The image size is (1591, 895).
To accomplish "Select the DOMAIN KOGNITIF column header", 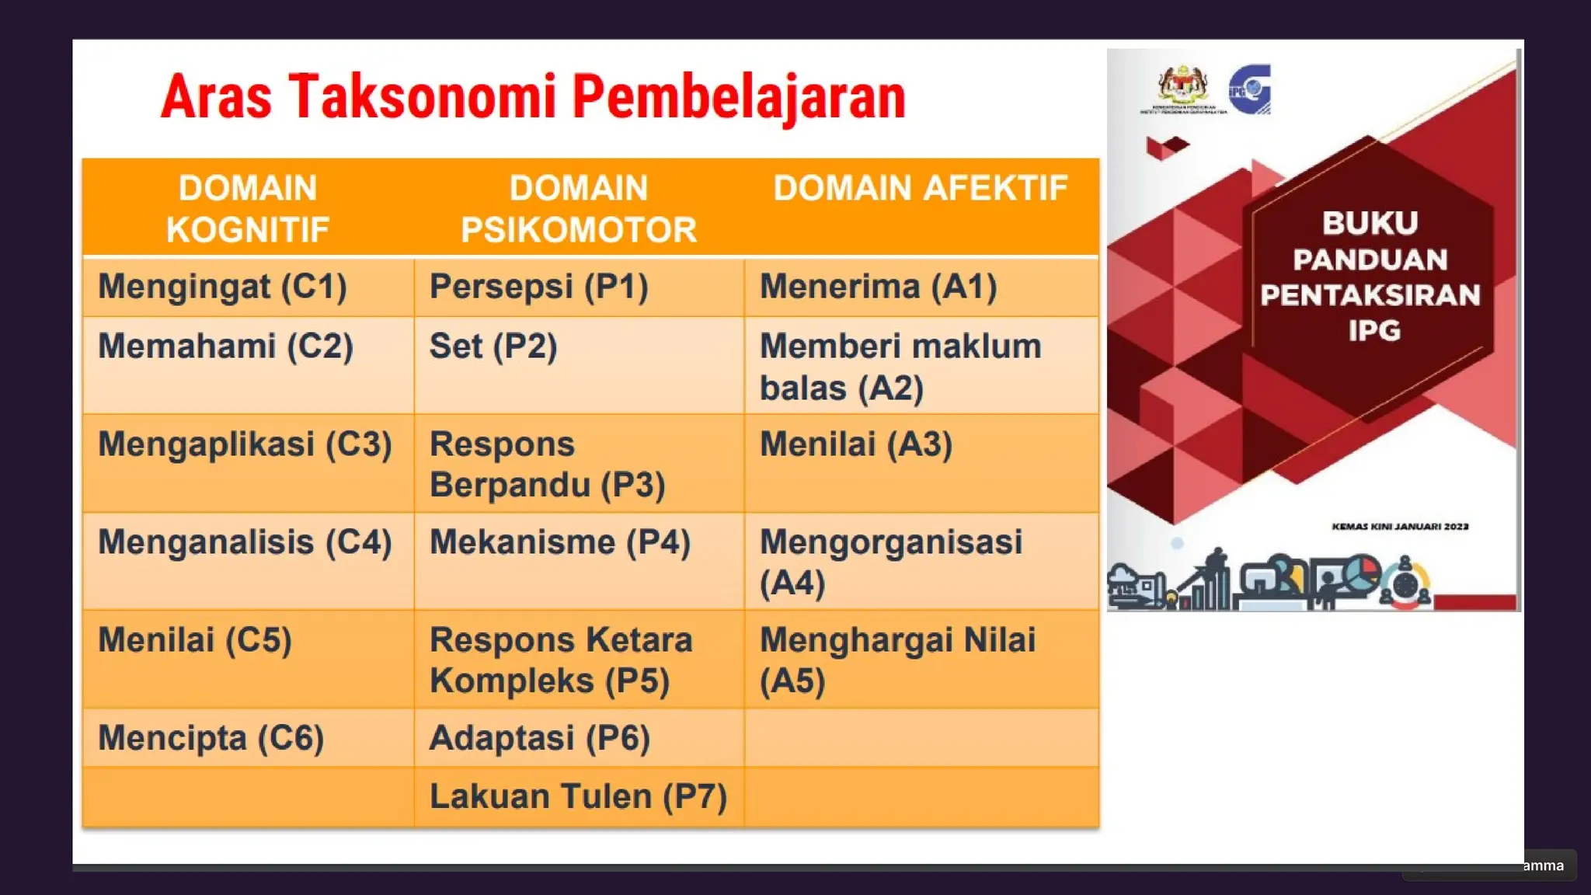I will pyautogui.click(x=248, y=208).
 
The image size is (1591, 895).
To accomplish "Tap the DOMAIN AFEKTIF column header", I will pyautogui.click(x=921, y=189).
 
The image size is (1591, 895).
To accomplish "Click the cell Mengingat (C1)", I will pyautogui.click(x=222, y=287).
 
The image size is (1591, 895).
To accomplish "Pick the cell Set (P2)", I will pyautogui.click(x=493, y=347).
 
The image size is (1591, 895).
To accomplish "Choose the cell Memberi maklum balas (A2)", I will pyautogui.click(x=900, y=367).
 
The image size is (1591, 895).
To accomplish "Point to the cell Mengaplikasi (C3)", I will pyautogui.click(x=245, y=444).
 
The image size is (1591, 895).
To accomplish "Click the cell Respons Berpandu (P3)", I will pyautogui.click(x=547, y=465).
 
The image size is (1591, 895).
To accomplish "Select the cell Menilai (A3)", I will pyautogui.click(x=855, y=444).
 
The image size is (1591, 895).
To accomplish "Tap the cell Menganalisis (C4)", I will pyautogui.click(x=245, y=542).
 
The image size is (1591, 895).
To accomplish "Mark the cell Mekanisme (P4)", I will pyautogui.click(x=559, y=542).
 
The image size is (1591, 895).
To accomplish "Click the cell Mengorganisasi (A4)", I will pyautogui.click(x=890, y=562).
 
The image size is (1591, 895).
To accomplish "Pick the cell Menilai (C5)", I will pyautogui.click(x=195, y=640).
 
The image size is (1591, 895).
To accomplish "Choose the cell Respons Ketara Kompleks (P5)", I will pyautogui.click(x=560, y=660).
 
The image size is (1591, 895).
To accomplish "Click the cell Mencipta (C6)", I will pyautogui.click(x=211, y=738).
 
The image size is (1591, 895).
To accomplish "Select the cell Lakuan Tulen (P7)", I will pyautogui.click(x=578, y=796).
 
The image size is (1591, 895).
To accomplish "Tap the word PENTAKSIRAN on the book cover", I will pyautogui.click(x=1370, y=295).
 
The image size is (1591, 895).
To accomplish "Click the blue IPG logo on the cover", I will pyautogui.click(x=1250, y=89).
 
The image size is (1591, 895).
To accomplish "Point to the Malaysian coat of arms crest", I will pyautogui.click(x=1183, y=86).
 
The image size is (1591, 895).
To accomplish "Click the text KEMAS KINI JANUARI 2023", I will pyautogui.click(x=1400, y=527).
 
